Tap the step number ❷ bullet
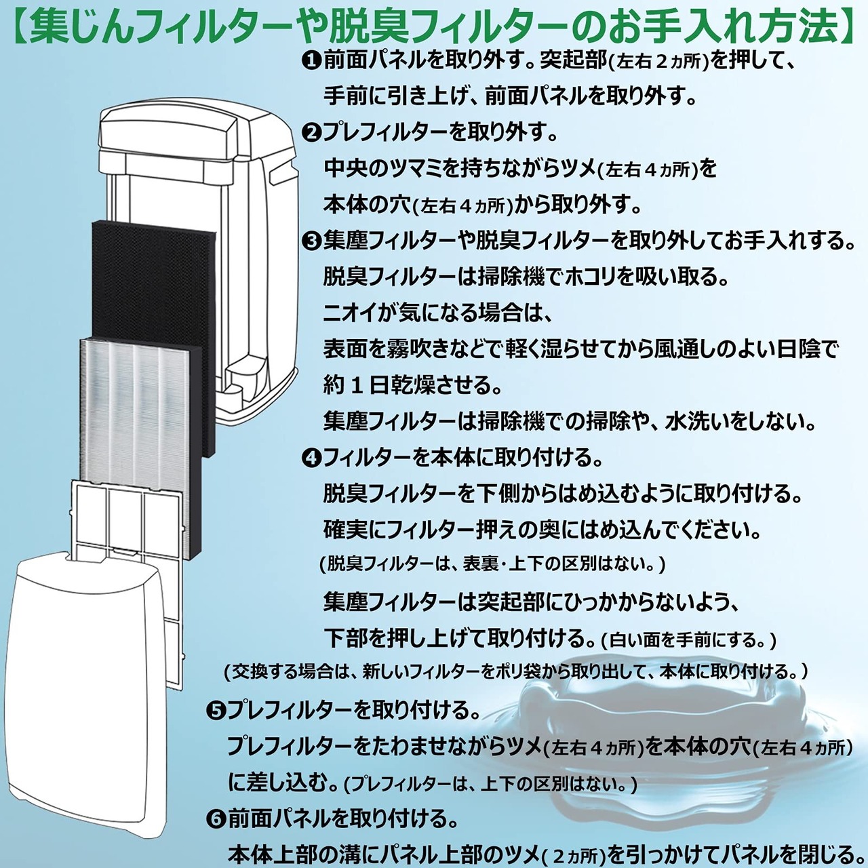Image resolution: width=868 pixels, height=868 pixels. click(x=311, y=133)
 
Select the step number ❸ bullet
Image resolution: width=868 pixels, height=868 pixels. click(x=311, y=241)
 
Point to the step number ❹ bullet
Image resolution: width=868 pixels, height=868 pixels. click(x=311, y=458)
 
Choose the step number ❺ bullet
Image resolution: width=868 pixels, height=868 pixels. click(x=216, y=711)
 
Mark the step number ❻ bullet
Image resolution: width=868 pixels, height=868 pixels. click(x=216, y=819)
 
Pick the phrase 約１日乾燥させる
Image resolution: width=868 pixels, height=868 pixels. click(x=412, y=386)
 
